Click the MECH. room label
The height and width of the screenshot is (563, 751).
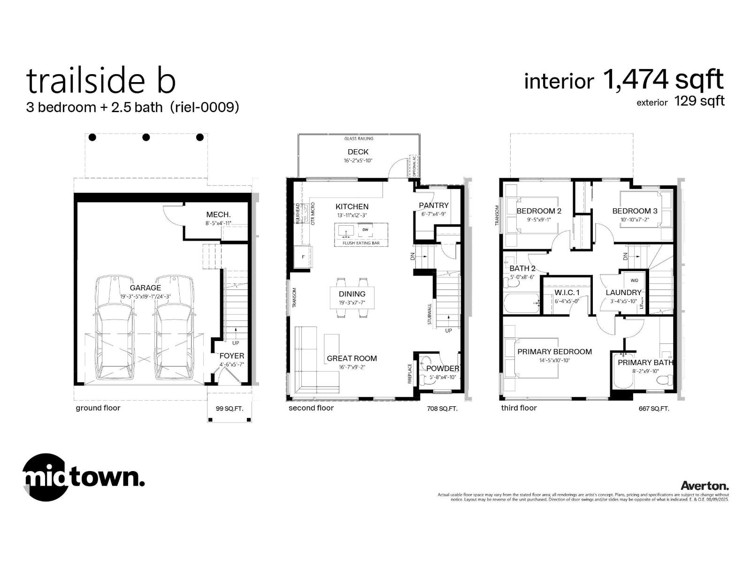point(218,214)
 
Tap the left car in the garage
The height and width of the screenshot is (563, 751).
point(115,328)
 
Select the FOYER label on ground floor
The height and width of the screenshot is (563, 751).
point(232,356)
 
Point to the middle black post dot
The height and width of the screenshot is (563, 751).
point(146,137)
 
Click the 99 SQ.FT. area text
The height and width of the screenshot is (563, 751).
point(229,409)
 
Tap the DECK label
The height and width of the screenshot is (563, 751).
point(358,152)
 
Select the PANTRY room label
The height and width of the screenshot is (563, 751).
point(433,205)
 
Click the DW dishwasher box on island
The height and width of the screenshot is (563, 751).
point(365,230)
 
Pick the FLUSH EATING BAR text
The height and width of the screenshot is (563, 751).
point(361,243)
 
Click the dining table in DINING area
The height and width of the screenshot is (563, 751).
point(352,297)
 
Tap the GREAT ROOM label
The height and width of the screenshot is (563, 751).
point(352,358)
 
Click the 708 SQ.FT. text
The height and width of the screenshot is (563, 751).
point(442,409)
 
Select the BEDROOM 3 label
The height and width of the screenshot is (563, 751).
point(635,211)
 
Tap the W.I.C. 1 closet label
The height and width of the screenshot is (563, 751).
point(567,292)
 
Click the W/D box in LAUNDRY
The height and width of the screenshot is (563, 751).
point(634,281)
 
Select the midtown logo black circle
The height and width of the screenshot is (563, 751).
point(45,477)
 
